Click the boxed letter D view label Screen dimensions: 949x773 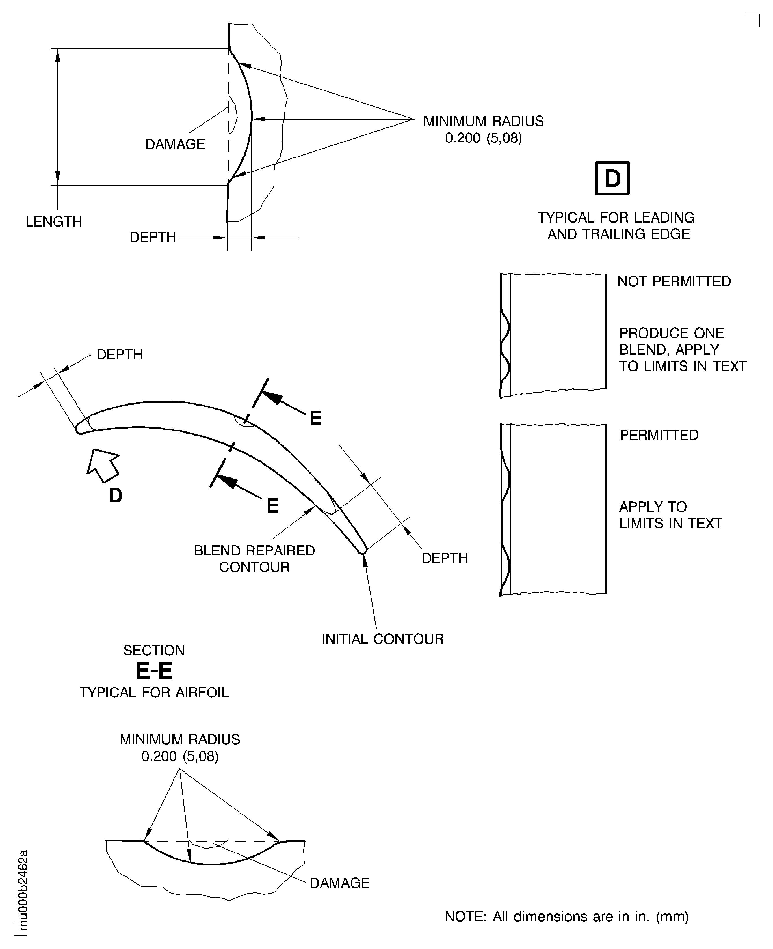tap(612, 178)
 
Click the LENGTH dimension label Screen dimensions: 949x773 tap(53, 222)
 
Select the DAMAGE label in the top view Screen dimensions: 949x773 tap(175, 144)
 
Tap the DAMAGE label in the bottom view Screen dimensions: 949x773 tap(339, 883)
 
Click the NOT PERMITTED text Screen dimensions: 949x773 tap(674, 282)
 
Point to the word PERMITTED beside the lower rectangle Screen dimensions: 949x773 tap(659, 435)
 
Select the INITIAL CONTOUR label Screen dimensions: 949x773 tap(382, 639)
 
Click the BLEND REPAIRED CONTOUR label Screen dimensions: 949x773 tap(254, 558)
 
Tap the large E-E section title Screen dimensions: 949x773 tap(154, 671)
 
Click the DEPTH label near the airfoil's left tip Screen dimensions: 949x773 tap(119, 355)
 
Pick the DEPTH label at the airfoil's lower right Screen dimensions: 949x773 tap(444, 558)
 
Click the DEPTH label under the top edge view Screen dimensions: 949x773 tap(153, 237)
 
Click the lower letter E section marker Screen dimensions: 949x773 tap(272, 506)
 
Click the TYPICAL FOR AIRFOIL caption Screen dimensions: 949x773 tap(154, 693)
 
